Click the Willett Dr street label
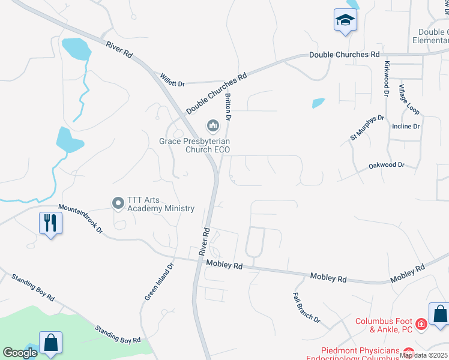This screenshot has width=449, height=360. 172,80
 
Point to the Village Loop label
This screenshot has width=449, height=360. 410,99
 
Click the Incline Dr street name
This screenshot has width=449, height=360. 406,127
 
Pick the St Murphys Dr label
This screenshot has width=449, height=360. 367,128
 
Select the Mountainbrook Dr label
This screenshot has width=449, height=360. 81,221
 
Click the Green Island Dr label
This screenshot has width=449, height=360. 159,282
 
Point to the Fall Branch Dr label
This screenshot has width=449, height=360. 307,307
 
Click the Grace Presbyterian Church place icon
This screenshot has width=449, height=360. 212,126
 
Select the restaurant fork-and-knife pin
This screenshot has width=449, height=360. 50,223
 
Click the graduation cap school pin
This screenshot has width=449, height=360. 345,20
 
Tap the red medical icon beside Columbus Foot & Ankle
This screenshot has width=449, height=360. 421,324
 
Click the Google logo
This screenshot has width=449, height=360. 20,353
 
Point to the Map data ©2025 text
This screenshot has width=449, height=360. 424,355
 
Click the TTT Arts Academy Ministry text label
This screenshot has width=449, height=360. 160,204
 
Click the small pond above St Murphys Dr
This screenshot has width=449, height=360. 318,103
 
